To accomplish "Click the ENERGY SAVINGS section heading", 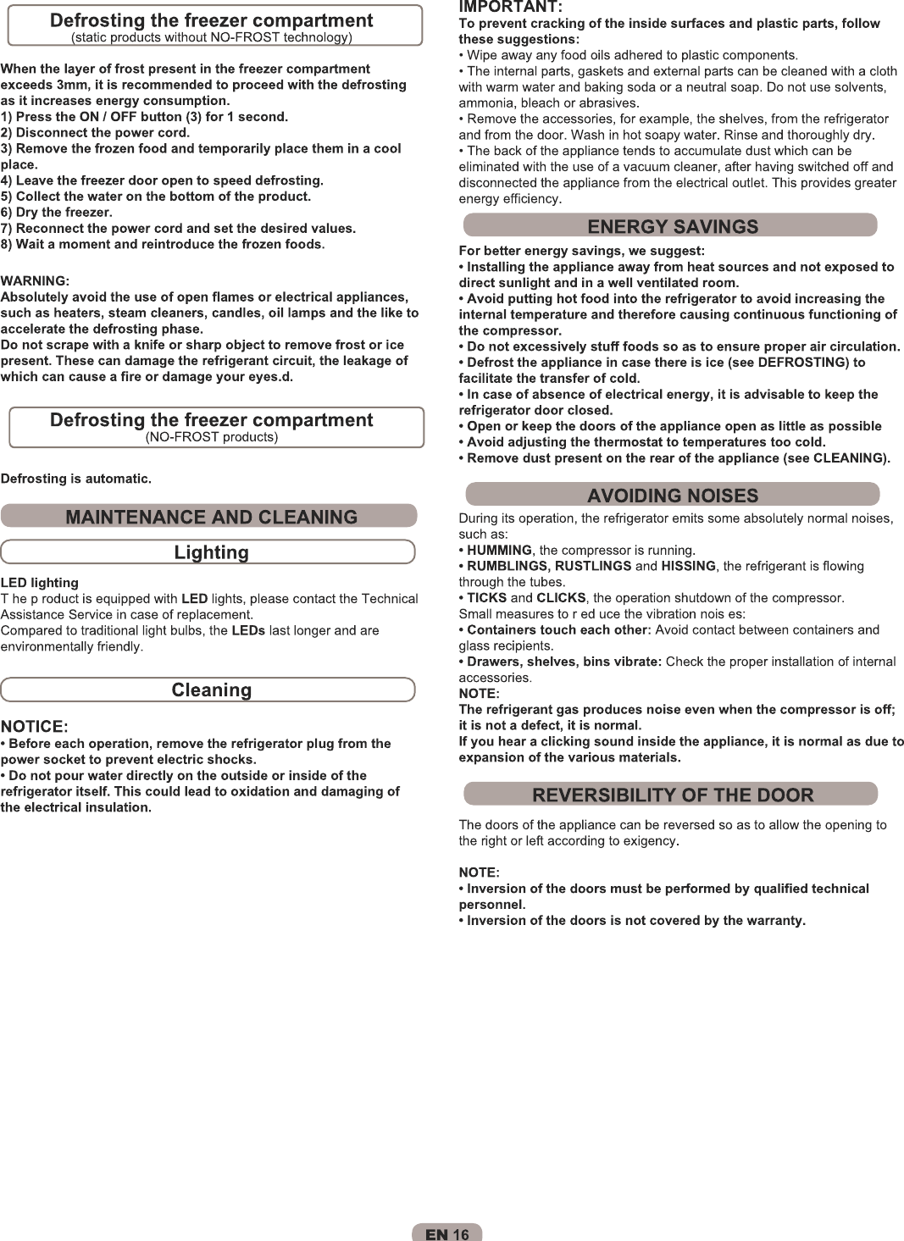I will (x=673, y=226).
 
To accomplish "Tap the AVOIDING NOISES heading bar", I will (x=673, y=496).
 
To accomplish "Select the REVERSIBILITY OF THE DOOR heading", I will (x=673, y=795).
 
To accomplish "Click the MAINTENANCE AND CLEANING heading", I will (x=211, y=517).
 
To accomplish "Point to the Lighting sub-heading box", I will (x=211, y=552).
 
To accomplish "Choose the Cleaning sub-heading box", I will (x=211, y=690).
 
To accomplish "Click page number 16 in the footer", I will (x=461, y=1234).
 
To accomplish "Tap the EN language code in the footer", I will (x=436, y=1234).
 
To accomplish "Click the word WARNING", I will (x=34, y=281).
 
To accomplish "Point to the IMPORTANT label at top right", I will (x=509, y=8).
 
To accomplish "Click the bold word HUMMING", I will (x=499, y=551).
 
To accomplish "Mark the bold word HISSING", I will (x=688, y=567).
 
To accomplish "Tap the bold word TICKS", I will (x=486, y=598).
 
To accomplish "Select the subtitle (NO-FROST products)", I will (x=211, y=437).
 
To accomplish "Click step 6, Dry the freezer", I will (x=57, y=213).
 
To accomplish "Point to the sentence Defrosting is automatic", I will (x=76, y=479).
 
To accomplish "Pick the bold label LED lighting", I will (x=40, y=583).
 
